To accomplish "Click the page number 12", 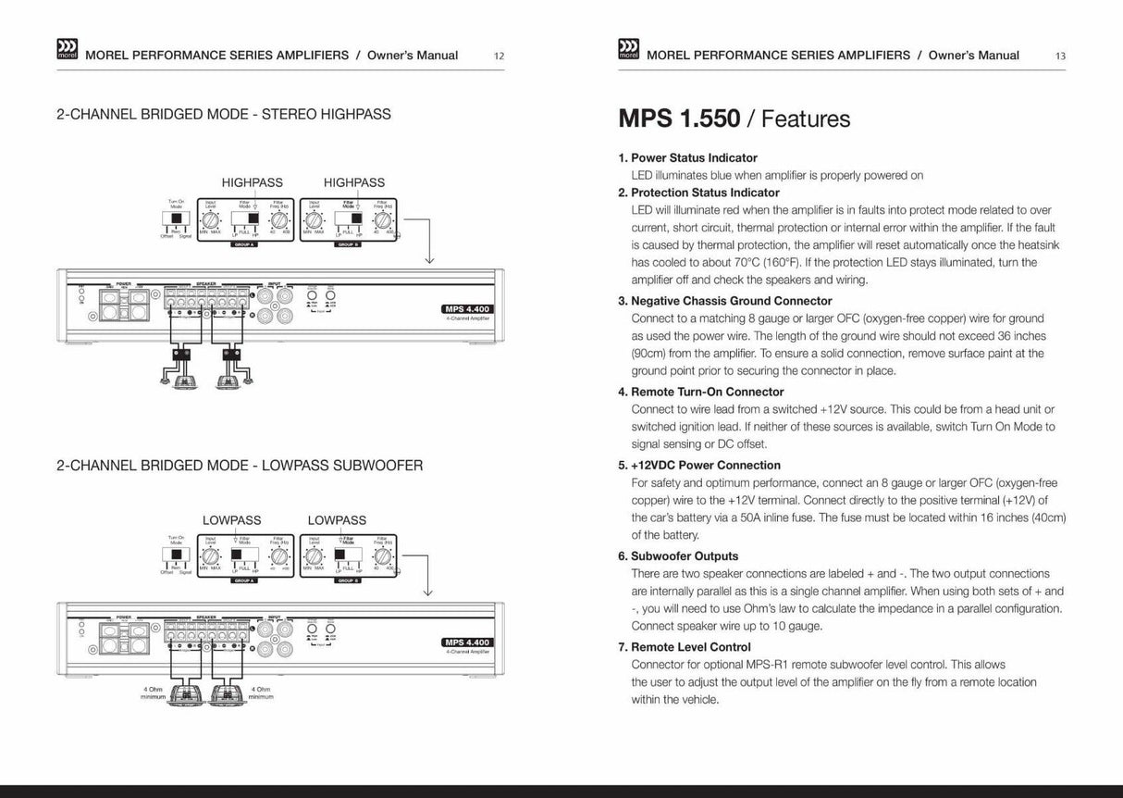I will [x=499, y=56].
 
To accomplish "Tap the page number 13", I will [x=1060, y=56].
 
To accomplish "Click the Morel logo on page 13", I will [x=627, y=51].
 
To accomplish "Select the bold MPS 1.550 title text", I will [x=679, y=119].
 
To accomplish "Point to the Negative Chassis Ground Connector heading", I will [x=731, y=301].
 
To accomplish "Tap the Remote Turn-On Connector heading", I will [x=707, y=392].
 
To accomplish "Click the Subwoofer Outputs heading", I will [x=685, y=556].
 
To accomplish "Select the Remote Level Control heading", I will [x=690, y=647].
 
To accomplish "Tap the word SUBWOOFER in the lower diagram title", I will [x=381, y=466].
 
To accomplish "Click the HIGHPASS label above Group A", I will [x=252, y=182].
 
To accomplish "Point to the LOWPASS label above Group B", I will [x=337, y=520].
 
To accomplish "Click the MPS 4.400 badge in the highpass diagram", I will [x=467, y=309].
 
